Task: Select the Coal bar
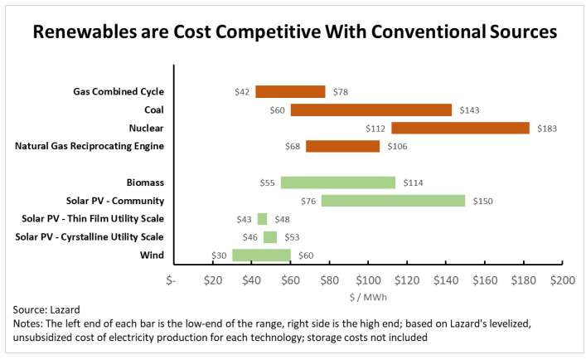[x=370, y=109]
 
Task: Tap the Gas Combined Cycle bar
[x=290, y=91]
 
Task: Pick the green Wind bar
[x=261, y=255]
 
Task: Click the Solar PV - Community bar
[x=393, y=200]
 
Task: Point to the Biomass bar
[x=337, y=182]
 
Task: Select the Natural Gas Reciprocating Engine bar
[x=342, y=146]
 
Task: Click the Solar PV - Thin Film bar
[x=262, y=219]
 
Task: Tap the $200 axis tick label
[x=562, y=280]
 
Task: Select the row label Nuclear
[x=146, y=128]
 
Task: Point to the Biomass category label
[x=145, y=182]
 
